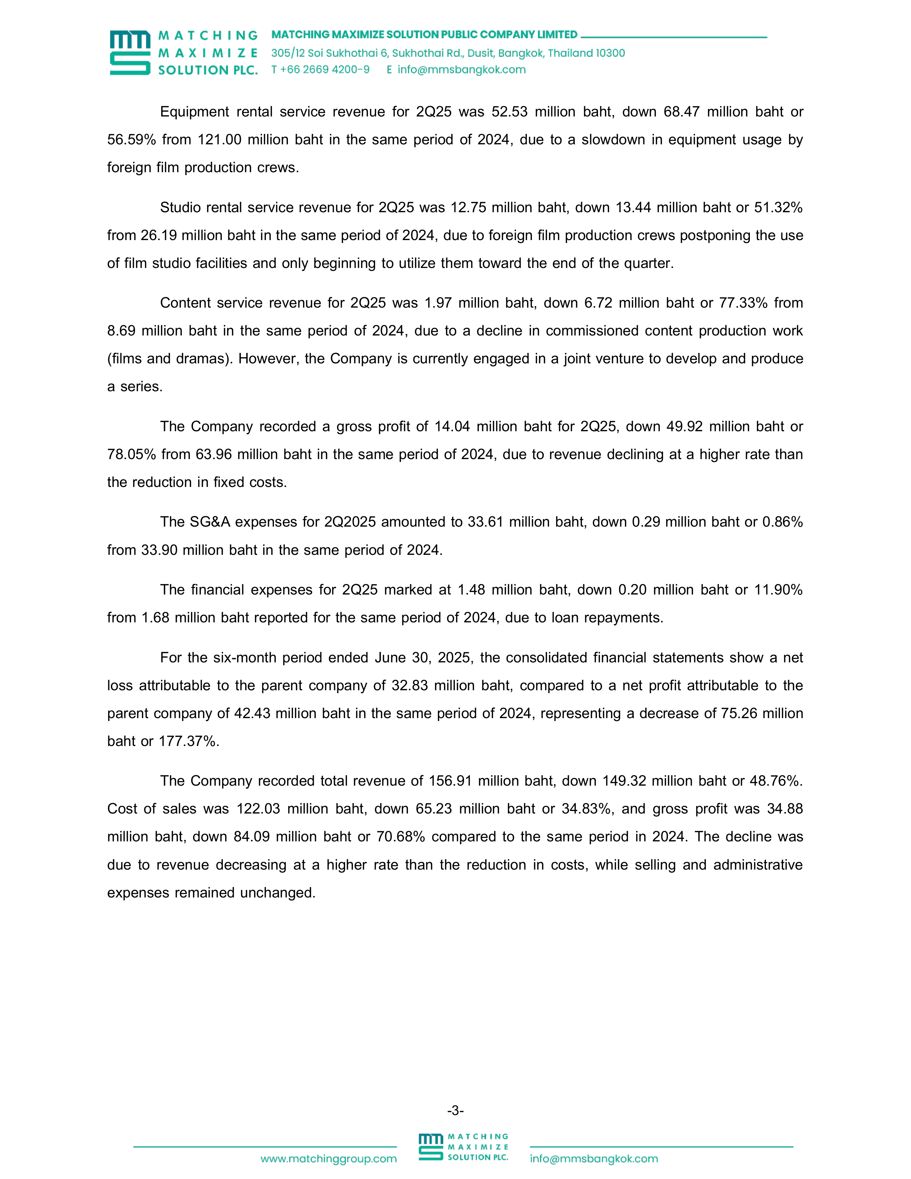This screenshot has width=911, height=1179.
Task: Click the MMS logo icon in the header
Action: point(130,53)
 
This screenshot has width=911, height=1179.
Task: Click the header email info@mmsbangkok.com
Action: point(462,70)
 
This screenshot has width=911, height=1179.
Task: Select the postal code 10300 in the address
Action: point(611,53)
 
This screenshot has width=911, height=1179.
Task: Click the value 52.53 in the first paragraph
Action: point(509,112)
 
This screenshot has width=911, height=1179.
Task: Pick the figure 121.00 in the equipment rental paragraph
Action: point(219,140)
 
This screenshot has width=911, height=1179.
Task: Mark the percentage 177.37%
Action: point(188,741)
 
